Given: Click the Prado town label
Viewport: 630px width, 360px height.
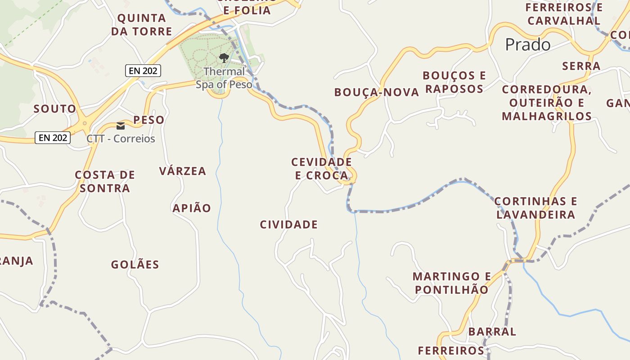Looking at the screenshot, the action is tap(527, 45).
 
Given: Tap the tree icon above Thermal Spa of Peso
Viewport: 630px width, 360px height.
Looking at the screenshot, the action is tap(224, 58).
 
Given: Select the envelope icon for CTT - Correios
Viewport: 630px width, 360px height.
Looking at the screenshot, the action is tap(121, 126).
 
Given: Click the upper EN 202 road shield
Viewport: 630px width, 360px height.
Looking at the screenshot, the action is tap(143, 71).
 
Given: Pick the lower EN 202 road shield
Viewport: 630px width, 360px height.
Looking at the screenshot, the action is tap(53, 138).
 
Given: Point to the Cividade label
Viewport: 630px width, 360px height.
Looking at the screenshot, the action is tap(288, 225).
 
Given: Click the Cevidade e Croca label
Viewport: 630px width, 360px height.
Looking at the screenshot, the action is tap(321, 169).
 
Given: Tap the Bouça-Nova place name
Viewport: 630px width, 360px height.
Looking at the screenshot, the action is tap(377, 93).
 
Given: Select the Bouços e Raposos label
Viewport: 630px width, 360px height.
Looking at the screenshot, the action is tap(454, 82).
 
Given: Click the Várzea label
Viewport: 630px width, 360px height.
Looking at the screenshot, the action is tap(182, 171).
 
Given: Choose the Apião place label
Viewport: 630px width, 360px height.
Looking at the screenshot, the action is tap(192, 208).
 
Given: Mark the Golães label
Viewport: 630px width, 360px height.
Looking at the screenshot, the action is tap(135, 265).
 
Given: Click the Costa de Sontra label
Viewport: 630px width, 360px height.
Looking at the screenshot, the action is tap(105, 181).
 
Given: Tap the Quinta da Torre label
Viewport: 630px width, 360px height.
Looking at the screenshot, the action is tap(142, 25).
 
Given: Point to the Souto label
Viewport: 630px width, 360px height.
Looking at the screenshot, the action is tap(55, 109).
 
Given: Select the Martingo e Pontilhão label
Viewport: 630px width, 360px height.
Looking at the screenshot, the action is tap(451, 283).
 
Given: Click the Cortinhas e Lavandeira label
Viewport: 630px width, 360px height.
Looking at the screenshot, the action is tap(535, 208).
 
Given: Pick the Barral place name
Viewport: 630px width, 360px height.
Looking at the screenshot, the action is tap(492, 332).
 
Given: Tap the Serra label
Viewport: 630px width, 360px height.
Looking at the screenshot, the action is tap(581, 66).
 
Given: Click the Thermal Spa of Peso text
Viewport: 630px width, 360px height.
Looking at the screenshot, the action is tap(224, 78).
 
